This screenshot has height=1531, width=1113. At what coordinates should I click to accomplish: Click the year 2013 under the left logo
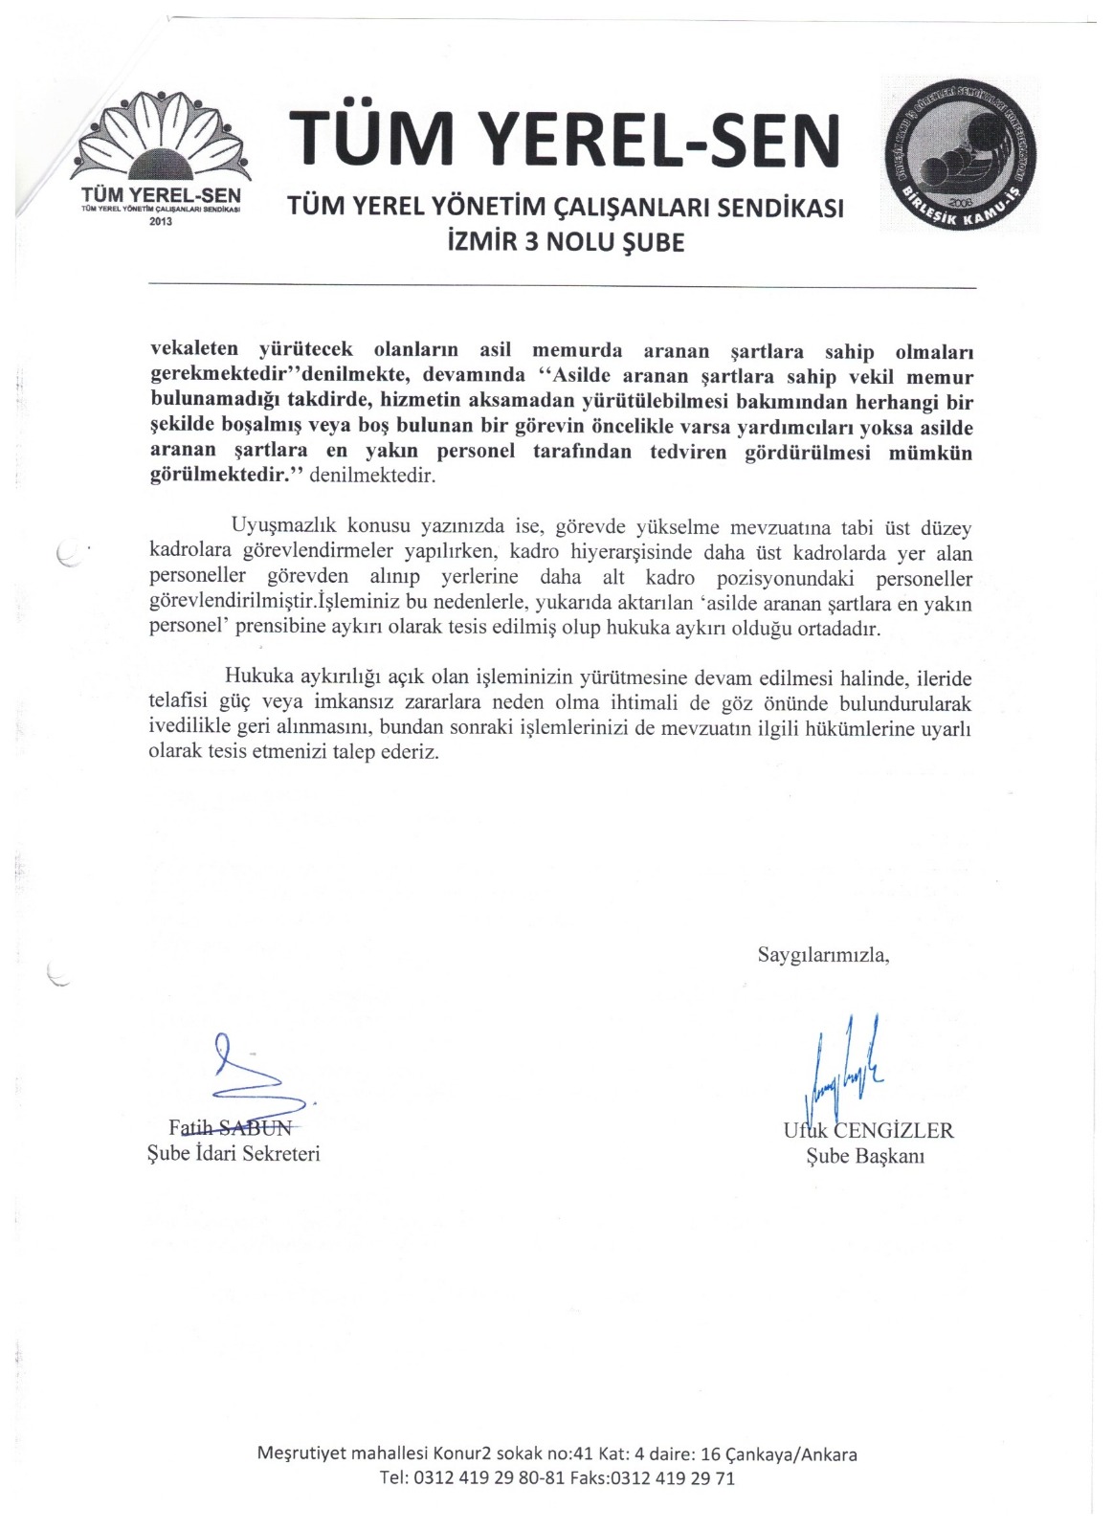[x=163, y=220]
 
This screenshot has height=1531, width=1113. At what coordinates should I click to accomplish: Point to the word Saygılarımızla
[x=823, y=954]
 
